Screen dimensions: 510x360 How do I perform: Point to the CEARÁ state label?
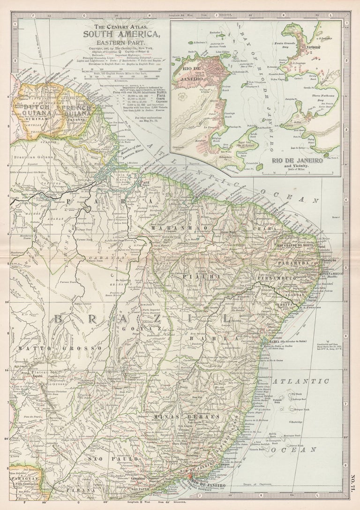[248, 229]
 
